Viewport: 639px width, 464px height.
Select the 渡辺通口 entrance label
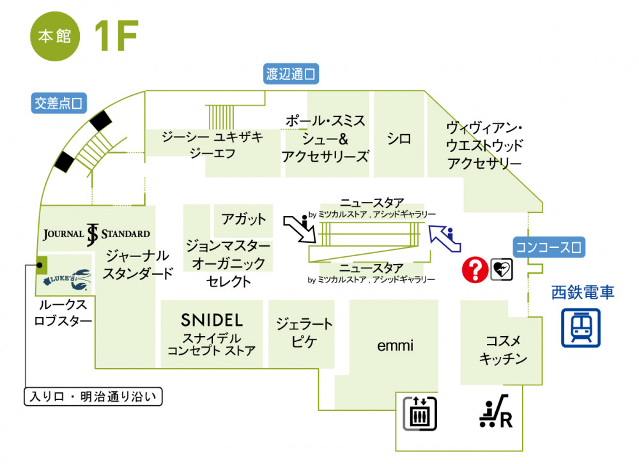click(292, 74)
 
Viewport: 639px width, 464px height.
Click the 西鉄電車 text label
click(582, 293)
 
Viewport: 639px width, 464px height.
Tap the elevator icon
click(419, 412)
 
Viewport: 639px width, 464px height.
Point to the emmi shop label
click(395, 346)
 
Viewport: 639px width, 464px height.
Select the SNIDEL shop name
click(212, 320)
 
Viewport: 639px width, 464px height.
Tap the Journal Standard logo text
click(96, 234)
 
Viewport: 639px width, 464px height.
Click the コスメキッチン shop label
click(504, 350)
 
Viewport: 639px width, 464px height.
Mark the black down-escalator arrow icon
click(300, 229)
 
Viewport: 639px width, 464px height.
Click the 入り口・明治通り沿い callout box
click(93, 397)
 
